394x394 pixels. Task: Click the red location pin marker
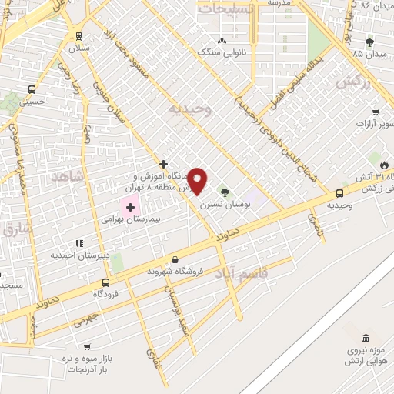tap(199, 182)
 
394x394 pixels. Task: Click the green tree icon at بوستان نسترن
tap(225, 192)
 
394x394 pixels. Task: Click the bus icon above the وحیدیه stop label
tap(339, 194)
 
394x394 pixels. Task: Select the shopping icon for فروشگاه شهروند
tap(176, 260)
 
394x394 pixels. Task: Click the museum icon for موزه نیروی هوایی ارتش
tap(365, 339)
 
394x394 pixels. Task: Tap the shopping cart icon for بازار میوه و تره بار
tap(86, 347)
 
